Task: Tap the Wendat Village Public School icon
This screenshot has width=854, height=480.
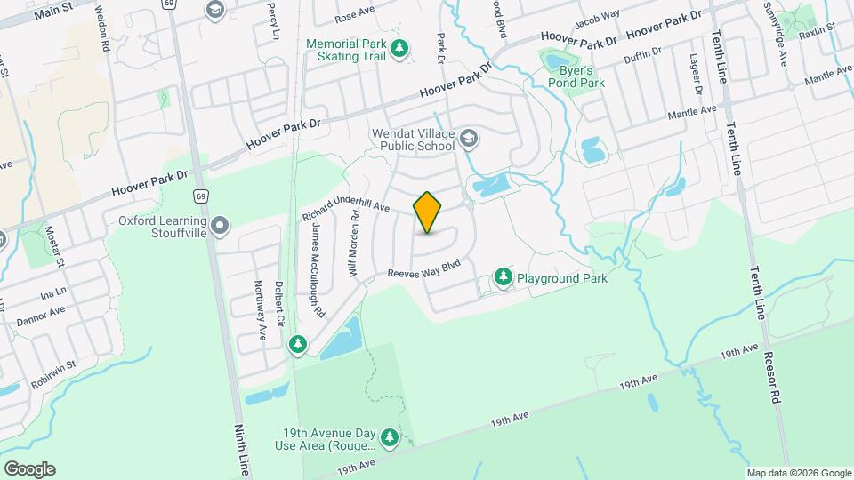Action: tap(469, 138)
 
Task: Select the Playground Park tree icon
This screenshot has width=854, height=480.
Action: tap(504, 278)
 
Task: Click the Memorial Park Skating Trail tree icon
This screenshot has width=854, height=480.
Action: tap(401, 48)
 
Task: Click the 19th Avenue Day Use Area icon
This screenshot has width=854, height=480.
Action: tap(389, 436)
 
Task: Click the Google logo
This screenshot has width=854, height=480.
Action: tap(29, 468)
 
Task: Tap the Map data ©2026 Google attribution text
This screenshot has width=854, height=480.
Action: tap(798, 473)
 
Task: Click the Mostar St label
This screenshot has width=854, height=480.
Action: tap(54, 245)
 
